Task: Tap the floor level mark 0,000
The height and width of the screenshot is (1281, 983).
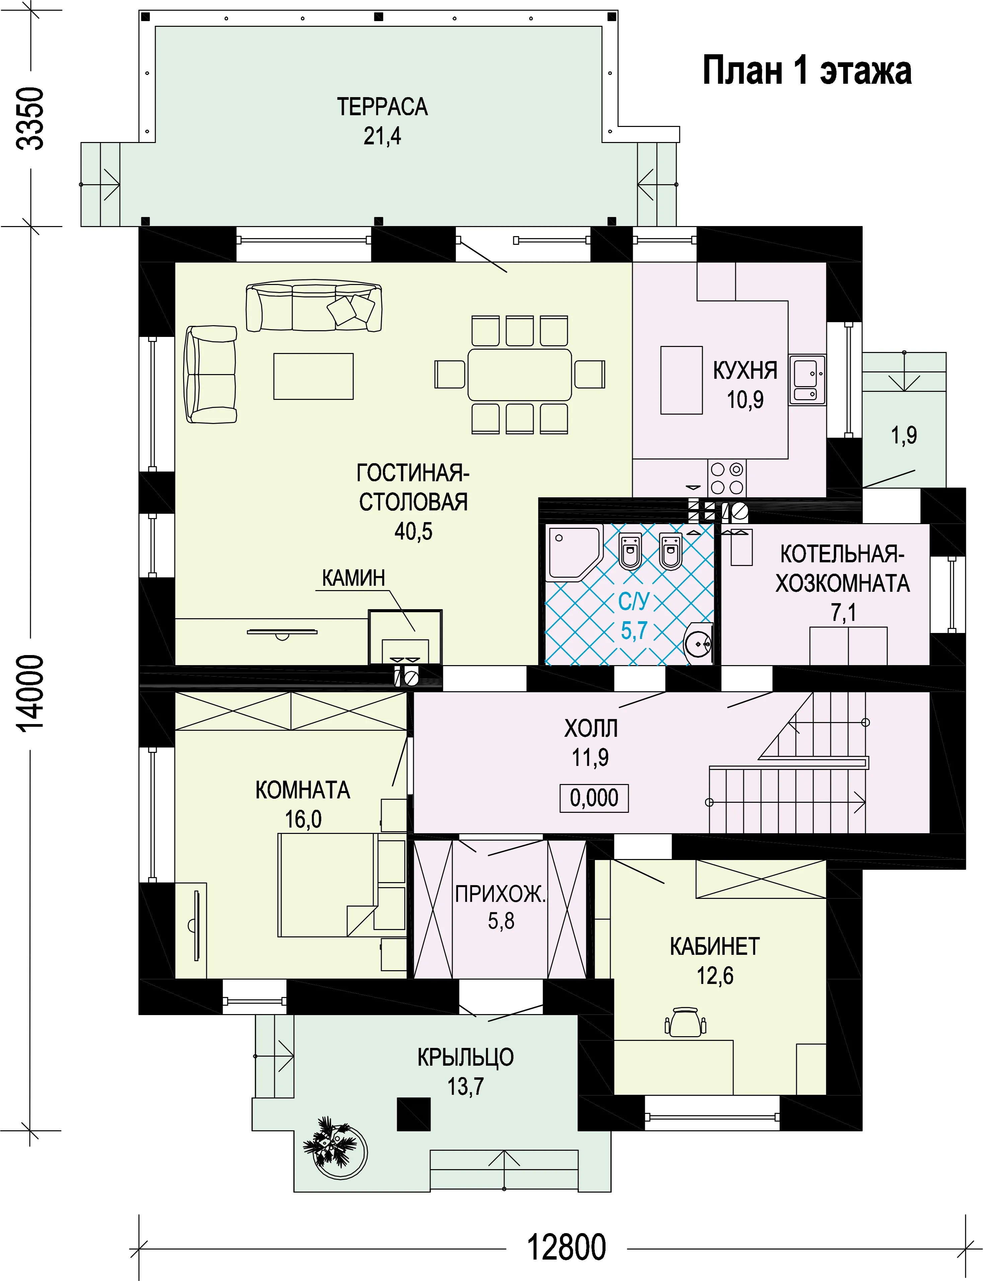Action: (594, 798)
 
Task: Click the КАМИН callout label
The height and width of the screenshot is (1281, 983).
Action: (354, 578)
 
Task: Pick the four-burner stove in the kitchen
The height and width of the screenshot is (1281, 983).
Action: (727, 479)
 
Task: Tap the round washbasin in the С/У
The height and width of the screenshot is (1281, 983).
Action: (698, 643)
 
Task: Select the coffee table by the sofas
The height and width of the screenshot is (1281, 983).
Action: (314, 376)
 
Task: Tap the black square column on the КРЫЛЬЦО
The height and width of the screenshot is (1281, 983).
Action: (414, 1114)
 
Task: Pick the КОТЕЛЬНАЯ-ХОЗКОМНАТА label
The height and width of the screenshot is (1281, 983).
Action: (843, 568)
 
